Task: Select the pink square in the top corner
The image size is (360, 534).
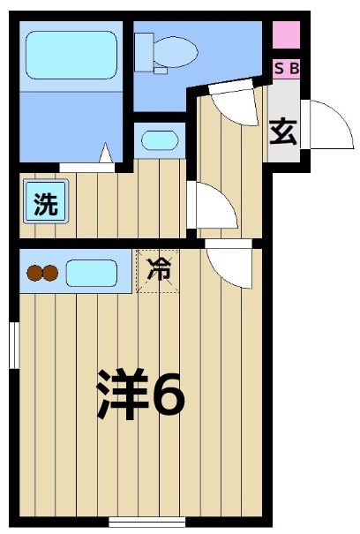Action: tap(286, 36)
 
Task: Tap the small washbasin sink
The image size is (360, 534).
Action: tap(160, 139)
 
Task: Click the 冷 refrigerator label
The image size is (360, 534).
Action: tap(159, 271)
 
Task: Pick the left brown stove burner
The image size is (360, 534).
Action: tap(34, 274)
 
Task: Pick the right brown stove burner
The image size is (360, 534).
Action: tap(52, 274)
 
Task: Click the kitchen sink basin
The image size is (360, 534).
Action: tap(91, 273)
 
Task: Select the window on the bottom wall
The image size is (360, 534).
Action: tap(140, 522)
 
